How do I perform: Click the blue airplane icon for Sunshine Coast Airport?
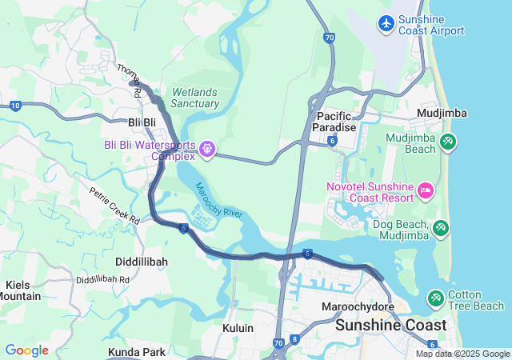[386, 23]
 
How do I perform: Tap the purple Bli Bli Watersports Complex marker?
[208, 149]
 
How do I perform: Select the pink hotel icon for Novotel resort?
[426, 191]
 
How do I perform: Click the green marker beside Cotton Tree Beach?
[436, 299]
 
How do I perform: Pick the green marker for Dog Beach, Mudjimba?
[440, 230]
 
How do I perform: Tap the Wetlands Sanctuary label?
[194, 98]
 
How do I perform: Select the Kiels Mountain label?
[22, 290]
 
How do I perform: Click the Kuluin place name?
[238, 328]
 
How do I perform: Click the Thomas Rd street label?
[130, 81]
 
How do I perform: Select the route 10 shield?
[15, 106]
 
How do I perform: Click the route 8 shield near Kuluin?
[294, 339]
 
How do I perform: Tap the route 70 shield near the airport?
[330, 38]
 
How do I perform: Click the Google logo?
[26, 350]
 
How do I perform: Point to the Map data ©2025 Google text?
[462, 354]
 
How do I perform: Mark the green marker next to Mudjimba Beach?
[448, 143]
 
